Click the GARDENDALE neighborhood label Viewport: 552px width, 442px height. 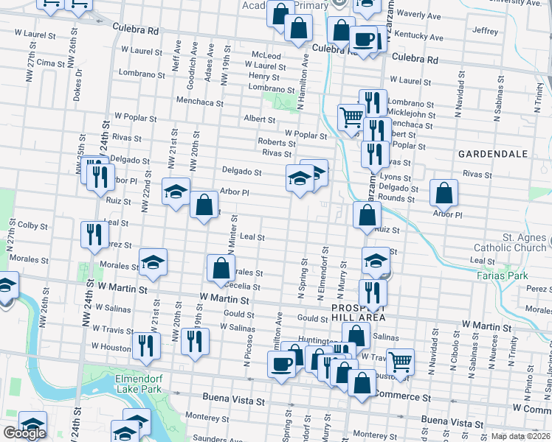pos(492,154)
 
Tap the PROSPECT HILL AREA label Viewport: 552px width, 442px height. pos(358,312)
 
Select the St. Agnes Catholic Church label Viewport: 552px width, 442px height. pos(514,242)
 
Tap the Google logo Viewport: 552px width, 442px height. pos(24,434)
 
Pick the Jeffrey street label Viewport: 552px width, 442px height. pos(486,31)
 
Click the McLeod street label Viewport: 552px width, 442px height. pos(266,55)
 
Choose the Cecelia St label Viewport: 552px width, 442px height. pos(244,287)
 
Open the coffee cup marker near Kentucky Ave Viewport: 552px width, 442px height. pos(364,38)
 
